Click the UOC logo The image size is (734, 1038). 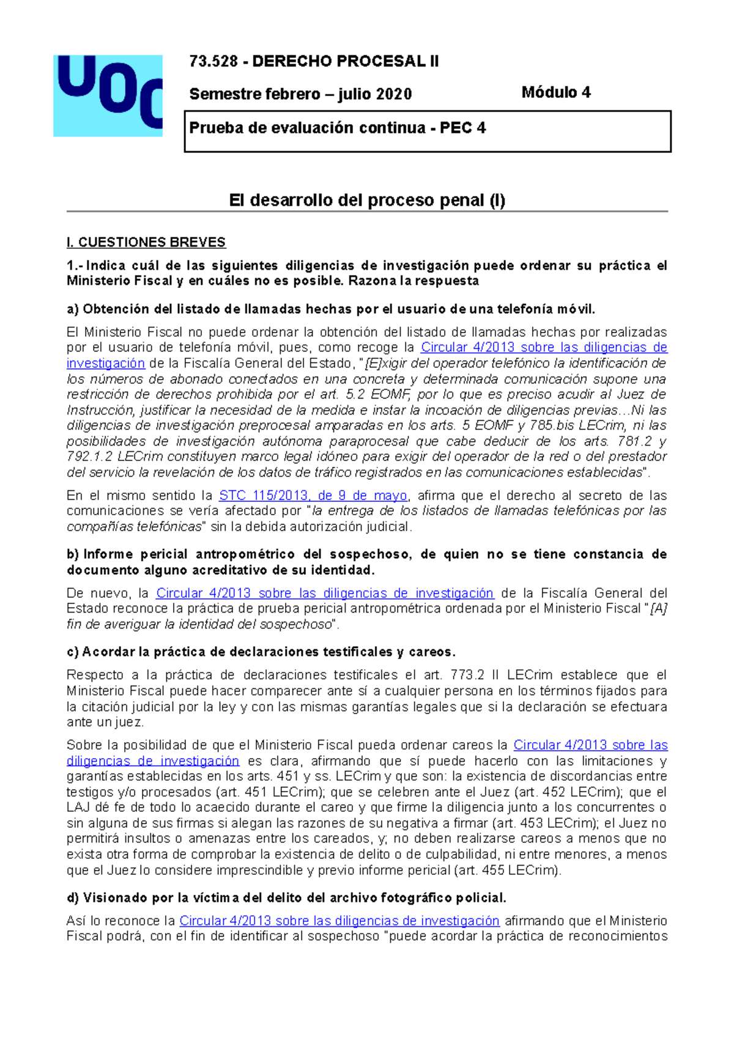[108, 95]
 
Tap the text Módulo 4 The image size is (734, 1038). [555, 92]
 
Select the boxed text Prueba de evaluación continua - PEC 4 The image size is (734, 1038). [338, 128]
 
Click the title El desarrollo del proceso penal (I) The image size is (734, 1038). [367, 200]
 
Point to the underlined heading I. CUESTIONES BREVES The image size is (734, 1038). [146, 242]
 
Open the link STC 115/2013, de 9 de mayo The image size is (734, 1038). [313, 495]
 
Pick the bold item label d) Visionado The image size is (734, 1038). [104, 897]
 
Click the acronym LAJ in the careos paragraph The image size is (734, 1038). [78, 808]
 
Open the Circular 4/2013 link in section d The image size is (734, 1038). [339, 921]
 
